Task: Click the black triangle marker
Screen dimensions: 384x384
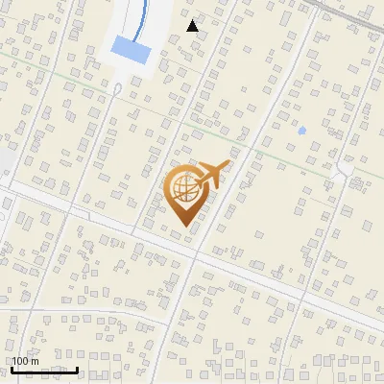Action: pos(193,26)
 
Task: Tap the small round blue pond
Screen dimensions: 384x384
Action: pos(301,130)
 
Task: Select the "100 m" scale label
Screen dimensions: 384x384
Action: pos(26,361)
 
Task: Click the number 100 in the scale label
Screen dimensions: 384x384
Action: pos(21,361)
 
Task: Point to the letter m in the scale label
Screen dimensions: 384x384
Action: pos(35,362)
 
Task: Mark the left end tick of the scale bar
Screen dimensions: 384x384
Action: pos(12,369)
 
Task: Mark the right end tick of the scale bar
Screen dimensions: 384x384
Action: pos(77,369)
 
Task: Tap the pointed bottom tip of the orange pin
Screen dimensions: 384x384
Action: pos(183,226)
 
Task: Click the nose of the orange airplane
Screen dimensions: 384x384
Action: pos(228,165)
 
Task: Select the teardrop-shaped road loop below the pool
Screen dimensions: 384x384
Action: pos(116,89)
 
